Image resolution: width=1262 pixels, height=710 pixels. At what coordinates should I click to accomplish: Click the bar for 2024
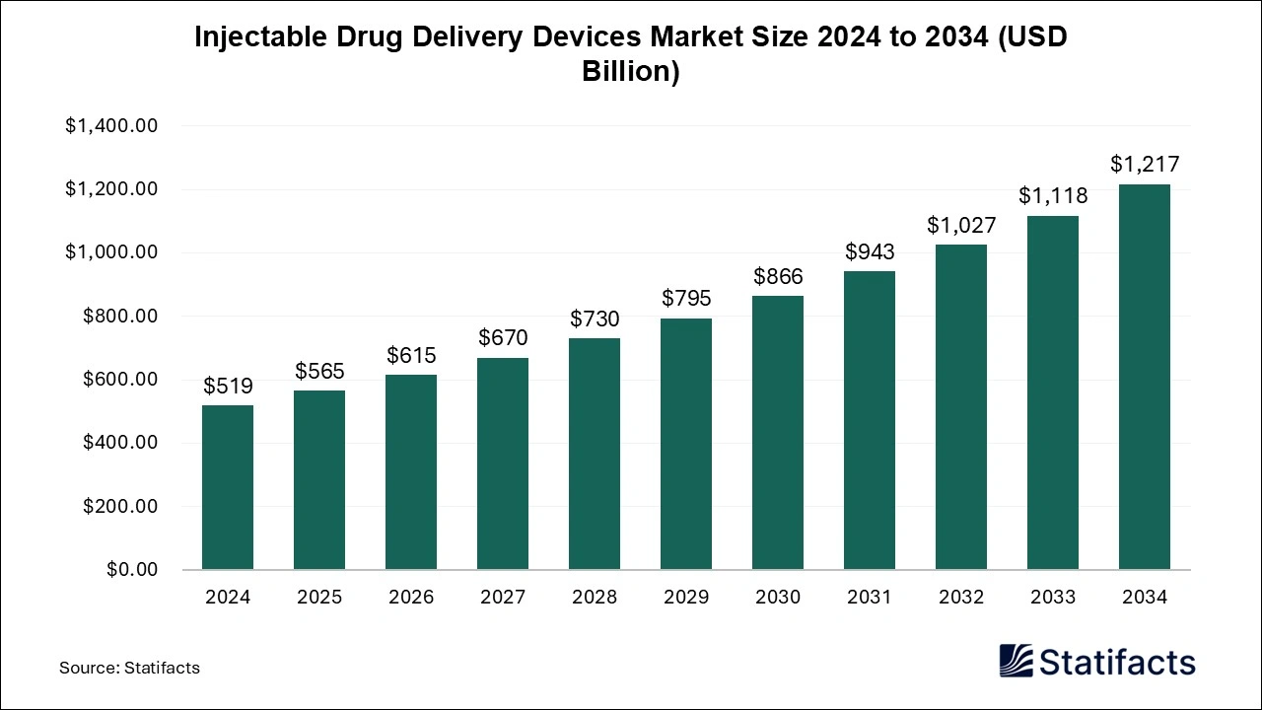(228, 487)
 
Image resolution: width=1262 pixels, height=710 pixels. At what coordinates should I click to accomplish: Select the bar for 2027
(503, 463)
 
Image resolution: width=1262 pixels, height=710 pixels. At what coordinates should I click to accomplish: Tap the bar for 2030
(778, 433)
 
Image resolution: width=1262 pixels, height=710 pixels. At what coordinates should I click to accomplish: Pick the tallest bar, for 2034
(1145, 377)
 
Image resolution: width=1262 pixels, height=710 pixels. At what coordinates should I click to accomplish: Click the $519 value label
(228, 387)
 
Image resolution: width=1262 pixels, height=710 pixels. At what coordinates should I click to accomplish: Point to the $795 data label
(686, 299)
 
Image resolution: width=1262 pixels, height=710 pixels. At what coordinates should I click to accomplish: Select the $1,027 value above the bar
(961, 225)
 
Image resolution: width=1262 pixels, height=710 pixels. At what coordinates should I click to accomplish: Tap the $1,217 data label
(1145, 165)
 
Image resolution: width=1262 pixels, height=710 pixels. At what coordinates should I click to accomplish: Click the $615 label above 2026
(411, 356)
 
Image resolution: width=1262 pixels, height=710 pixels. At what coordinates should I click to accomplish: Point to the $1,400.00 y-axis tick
(111, 126)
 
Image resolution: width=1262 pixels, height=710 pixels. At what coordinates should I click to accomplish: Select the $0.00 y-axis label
(132, 570)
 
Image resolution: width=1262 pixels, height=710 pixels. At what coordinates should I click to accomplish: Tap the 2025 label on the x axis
(319, 598)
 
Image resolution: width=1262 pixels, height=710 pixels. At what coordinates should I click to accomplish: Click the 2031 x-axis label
(870, 598)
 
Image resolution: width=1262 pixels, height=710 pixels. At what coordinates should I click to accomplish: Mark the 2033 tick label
(1053, 598)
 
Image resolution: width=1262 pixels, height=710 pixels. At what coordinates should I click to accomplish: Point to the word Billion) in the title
(631, 73)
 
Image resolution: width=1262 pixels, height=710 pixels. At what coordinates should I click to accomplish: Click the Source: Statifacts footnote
(129, 668)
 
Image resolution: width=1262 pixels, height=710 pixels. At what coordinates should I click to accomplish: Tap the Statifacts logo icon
(1017, 661)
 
